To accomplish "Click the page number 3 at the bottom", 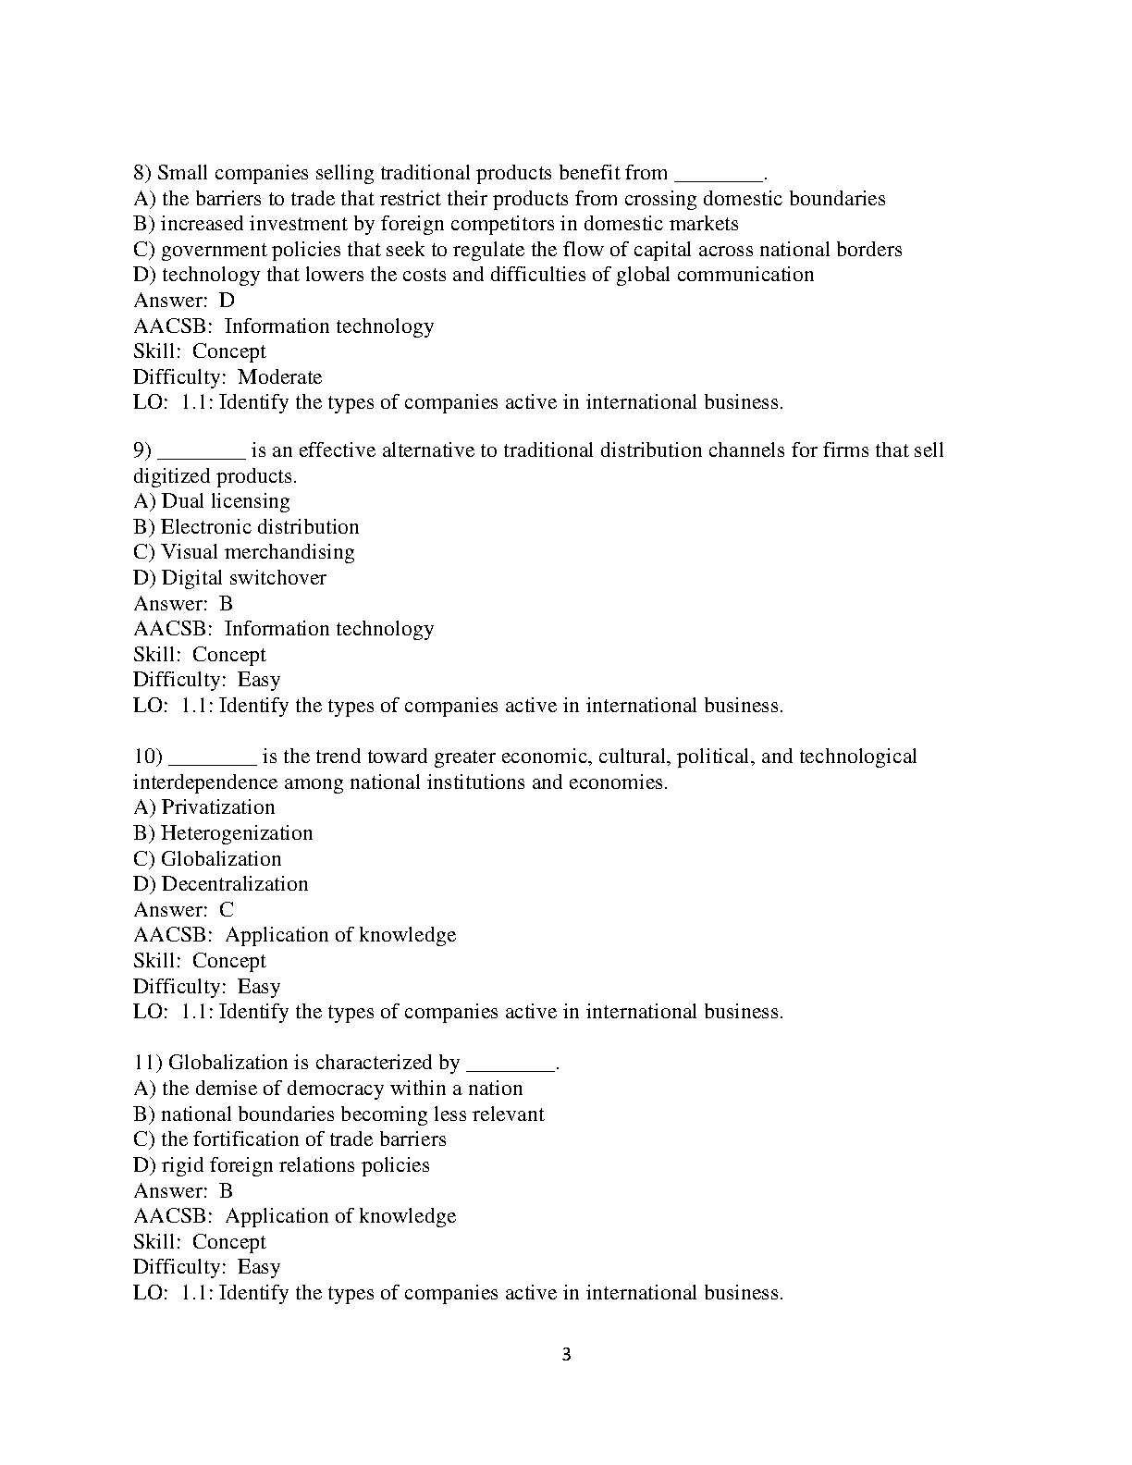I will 566,1356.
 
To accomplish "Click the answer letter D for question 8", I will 227,301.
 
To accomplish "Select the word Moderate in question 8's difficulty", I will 279,377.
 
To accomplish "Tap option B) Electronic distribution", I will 246,527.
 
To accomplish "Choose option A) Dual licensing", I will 212,501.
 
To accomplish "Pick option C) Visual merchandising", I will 244,552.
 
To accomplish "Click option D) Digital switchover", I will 230,578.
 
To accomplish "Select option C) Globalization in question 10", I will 207,859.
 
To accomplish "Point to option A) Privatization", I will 204,807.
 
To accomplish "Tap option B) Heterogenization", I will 223,833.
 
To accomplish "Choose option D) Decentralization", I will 221,884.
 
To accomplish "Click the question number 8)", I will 142,173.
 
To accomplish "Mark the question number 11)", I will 147,1063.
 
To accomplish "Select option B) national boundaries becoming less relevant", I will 338,1114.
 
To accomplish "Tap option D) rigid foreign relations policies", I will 282,1165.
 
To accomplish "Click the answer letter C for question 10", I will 227,910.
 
